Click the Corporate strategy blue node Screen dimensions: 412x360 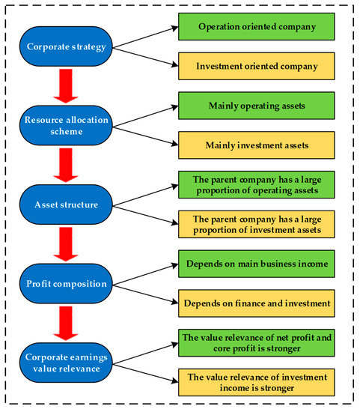point(67,46)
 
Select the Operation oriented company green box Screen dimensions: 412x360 point(256,26)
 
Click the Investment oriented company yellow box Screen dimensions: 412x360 point(256,67)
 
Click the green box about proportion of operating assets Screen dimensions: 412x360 point(256,184)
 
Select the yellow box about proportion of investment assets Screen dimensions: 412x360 point(256,223)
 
